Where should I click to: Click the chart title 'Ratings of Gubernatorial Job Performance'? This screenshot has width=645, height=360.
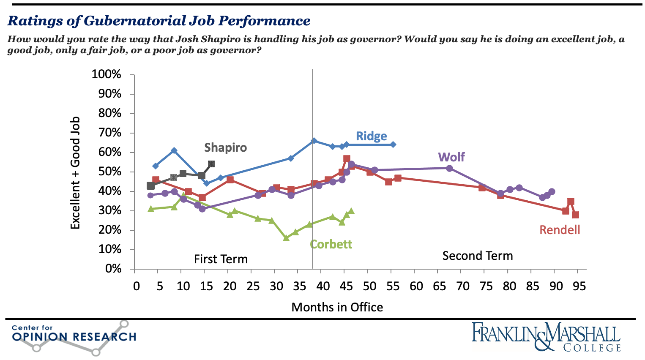coord(159,21)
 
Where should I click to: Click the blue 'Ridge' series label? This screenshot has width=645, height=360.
coord(371,136)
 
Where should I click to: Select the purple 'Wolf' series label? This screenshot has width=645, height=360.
coord(451,157)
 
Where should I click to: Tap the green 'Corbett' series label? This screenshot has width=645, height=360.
coord(331,244)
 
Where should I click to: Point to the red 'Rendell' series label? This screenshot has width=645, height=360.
coord(560,230)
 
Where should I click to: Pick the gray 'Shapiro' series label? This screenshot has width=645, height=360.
coord(225,147)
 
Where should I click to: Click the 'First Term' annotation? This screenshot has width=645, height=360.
coord(221,259)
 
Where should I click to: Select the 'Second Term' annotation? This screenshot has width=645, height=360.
coord(477,256)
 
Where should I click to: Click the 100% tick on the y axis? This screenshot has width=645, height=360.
coord(107,74)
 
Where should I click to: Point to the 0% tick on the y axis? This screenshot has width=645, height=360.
coord(113,269)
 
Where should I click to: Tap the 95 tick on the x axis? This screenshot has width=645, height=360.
coord(579,286)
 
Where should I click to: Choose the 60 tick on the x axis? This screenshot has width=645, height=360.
coord(416,286)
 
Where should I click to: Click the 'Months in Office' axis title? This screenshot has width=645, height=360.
coord(337,307)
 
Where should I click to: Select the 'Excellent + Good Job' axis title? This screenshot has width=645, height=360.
coord(75,173)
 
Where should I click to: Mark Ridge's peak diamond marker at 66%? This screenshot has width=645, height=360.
coord(314,141)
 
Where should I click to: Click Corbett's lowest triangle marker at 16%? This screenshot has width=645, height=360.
coord(286,238)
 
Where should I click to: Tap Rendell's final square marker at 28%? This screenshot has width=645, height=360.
coord(575,215)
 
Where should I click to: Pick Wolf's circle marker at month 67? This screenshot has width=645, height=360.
coord(449,168)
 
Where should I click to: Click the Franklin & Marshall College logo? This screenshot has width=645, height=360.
coord(546,337)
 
